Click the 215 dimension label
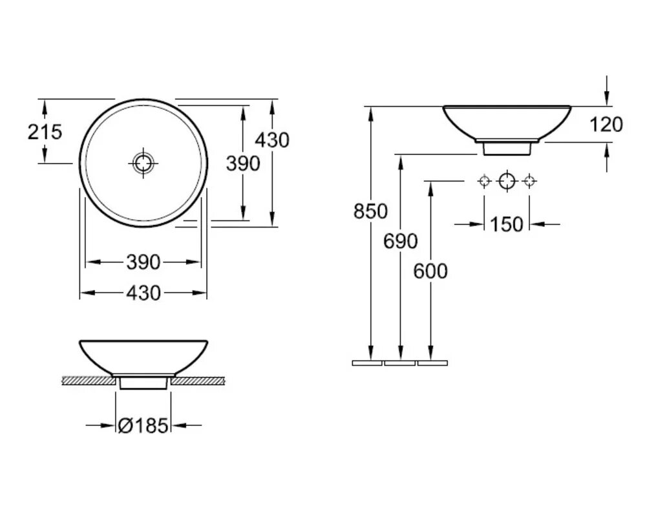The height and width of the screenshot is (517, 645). (x=45, y=132)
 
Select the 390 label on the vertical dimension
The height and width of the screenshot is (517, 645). (x=242, y=164)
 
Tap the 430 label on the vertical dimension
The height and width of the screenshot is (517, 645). (x=272, y=140)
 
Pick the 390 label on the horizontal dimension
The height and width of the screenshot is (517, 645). (x=142, y=262)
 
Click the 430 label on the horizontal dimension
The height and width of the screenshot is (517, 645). (x=142, y=293)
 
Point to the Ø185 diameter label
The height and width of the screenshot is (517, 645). (x=143, y=425)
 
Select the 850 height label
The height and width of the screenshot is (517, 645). (x=370, y=211)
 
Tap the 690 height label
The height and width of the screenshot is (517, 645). (x=401, y=242)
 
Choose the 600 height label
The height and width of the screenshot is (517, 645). (x=430, y=271)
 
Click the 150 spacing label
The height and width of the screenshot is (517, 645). (x=506, y=224)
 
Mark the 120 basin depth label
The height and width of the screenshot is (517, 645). (x=606, y=124)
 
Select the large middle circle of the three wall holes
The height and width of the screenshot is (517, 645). (x=507, y=180)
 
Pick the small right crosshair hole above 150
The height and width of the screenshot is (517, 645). (x=529, y=180)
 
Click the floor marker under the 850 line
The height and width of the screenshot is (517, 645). (x=367, y=363)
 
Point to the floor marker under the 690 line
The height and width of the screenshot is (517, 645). (x=399, y=363)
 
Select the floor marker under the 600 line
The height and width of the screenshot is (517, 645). (x=432, y=363)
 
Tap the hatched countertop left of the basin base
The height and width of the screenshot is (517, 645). (x=88, y=381)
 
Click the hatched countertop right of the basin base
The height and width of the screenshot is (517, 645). (x=198, y=381)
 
